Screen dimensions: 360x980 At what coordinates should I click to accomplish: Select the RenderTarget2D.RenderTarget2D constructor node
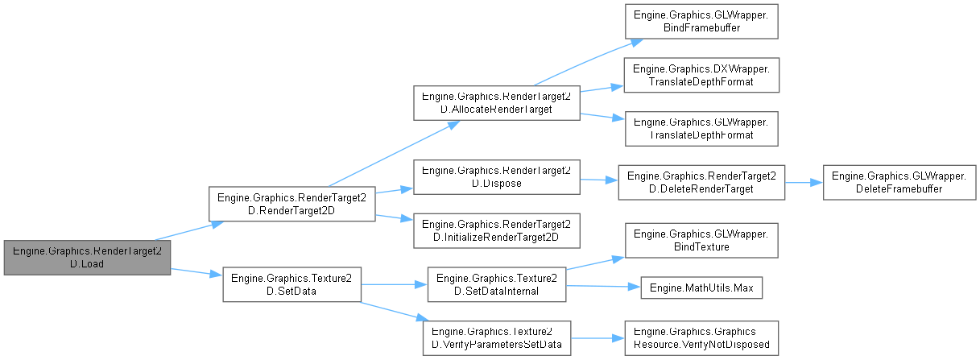pyautogui.click(x=292, y=205)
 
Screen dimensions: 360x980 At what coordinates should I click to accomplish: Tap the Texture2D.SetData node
pyautogui.click(x=292, y=284)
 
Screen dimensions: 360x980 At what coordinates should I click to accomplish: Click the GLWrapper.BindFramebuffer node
pyautogui.click(x=701, y=21)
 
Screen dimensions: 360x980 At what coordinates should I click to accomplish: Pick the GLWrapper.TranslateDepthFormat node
pyautogui.click(x=701, y=128)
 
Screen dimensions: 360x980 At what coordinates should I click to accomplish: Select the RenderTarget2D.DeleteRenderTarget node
pyautogui.click(x=701, y=183)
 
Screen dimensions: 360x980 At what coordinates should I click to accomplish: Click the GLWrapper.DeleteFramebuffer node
pyautogui.click(x=900, y=183)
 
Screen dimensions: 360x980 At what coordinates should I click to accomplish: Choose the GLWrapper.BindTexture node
pyautogui.click(x=701, y=240)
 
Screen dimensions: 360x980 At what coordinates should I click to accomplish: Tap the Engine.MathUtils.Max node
pyautogui.click(x=701, y=288)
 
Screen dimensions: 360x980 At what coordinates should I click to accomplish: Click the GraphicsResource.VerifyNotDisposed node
pyautogui.click(x=701, y=337)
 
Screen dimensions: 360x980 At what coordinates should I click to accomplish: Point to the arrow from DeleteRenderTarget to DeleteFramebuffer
pyautogui.click(x=801, y=183)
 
